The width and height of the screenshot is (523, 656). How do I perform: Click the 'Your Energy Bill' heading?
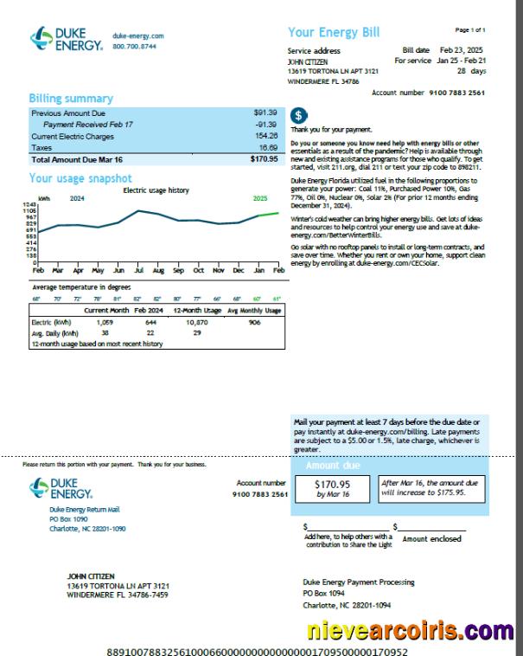334,33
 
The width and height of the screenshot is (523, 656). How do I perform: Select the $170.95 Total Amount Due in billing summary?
264,159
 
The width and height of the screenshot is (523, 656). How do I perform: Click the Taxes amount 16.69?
267,148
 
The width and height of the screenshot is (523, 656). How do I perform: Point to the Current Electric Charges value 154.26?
266,136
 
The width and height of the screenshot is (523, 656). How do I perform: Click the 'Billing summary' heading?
71,99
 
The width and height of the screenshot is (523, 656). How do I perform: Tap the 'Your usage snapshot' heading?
80,178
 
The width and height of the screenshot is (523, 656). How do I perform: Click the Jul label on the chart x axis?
138,271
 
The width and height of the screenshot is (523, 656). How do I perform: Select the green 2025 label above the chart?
260,198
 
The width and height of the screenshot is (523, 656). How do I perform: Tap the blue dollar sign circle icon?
298,115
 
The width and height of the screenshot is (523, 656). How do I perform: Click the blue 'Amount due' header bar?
391,466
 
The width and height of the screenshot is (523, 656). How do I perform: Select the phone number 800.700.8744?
134,46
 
